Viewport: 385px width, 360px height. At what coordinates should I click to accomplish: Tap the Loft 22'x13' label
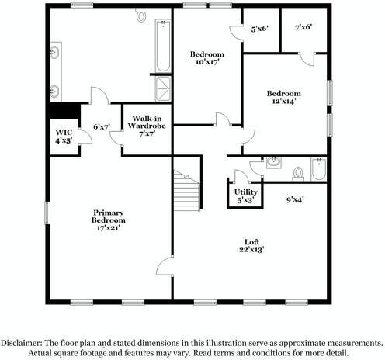(x=253, y=245)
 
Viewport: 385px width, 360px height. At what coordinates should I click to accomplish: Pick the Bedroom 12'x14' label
(x=286, y=95)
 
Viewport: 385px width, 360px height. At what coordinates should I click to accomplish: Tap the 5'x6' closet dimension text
(x=259, y=29)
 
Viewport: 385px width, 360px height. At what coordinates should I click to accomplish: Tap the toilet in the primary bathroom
(x=142, y=15)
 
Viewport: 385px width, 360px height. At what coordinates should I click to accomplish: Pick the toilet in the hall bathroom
(x=298, y=171)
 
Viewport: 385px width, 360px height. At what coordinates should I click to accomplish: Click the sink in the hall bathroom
(x=273, y=163)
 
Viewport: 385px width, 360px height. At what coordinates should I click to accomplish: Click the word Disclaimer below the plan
(x=22, y=342)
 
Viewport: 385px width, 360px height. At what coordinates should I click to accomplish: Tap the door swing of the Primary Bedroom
(x=164, y=267)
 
